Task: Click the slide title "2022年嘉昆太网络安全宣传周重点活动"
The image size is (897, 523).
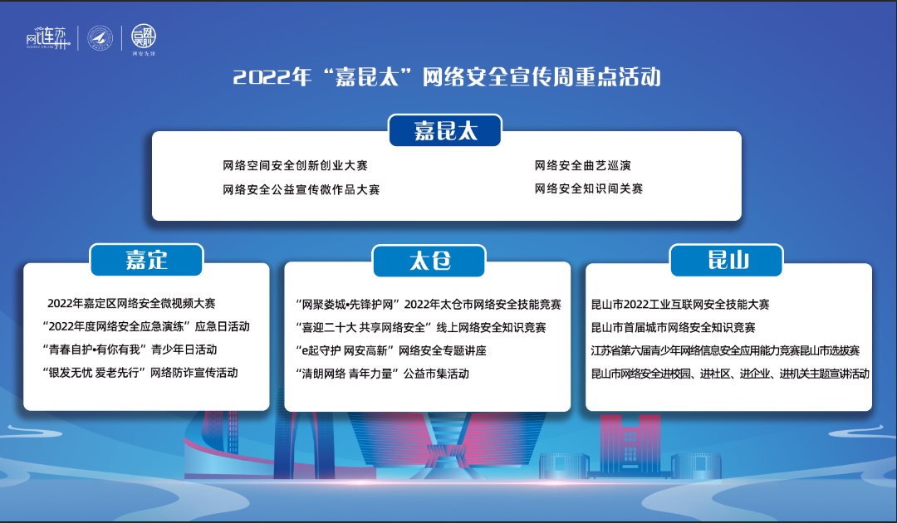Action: click(x=447, y=77)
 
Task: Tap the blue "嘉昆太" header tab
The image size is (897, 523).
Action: click(x=445, y=130)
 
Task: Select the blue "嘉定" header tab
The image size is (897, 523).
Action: click(x=146, y=260)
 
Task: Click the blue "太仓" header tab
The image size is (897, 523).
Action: click(x=429, y=261)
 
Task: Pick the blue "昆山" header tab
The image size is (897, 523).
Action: click(x=727, y=260)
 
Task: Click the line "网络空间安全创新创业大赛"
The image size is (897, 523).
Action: click(x=295, y=166)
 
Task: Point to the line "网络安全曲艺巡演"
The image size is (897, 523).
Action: click(x=582, y=166)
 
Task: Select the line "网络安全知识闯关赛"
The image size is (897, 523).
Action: click(x=589, y=188)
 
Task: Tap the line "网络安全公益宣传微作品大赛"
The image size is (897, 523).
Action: click(x=301, y=190)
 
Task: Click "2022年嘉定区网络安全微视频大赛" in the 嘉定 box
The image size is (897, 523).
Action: click(x=131, y=304)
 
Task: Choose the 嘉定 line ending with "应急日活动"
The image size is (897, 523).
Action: click(x=146, y=326)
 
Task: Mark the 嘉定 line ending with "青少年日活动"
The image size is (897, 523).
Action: click(x=130, y=349)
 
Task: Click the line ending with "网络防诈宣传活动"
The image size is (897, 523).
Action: click(x=140, y=373)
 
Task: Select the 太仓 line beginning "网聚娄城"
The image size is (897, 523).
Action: click(x=429, y=305)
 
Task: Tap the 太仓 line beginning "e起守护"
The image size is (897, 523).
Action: click(x=391, y=350)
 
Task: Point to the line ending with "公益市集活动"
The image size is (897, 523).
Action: click(x=382, y=374)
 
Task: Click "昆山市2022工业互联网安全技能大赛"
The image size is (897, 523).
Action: click(x=680, y=304)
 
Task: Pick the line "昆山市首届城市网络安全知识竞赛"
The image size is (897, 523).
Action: click(x=674, y=328)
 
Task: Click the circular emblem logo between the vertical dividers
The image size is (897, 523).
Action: click(x=100, y=38)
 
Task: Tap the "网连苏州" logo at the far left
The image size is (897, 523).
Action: click(x=47, y=38)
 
